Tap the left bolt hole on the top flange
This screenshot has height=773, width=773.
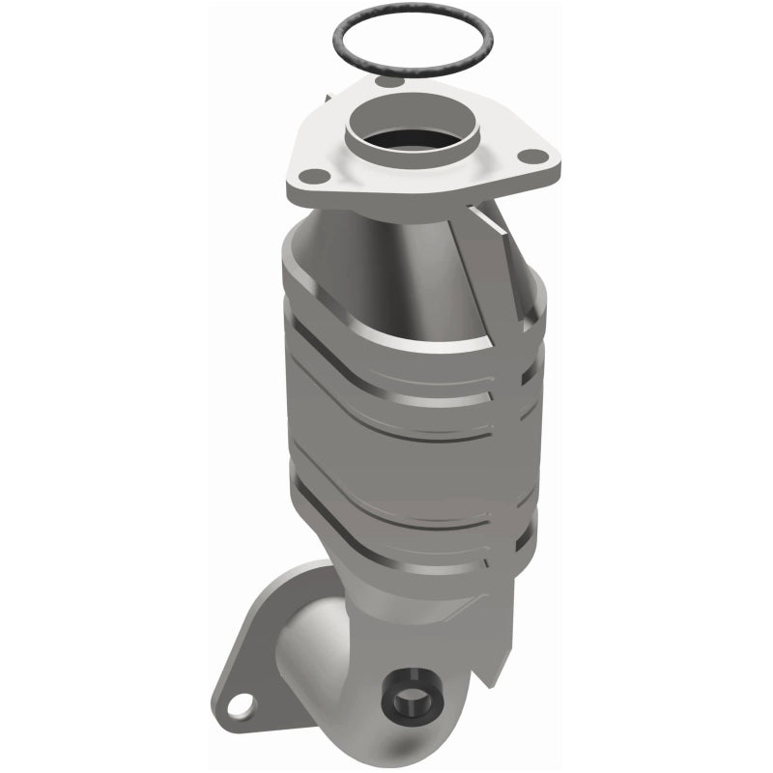(312, 176)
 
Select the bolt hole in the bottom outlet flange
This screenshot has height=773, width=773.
(243, 702)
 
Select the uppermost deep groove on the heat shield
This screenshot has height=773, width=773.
(406, 364)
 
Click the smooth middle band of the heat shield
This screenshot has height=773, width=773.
(406, 454)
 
